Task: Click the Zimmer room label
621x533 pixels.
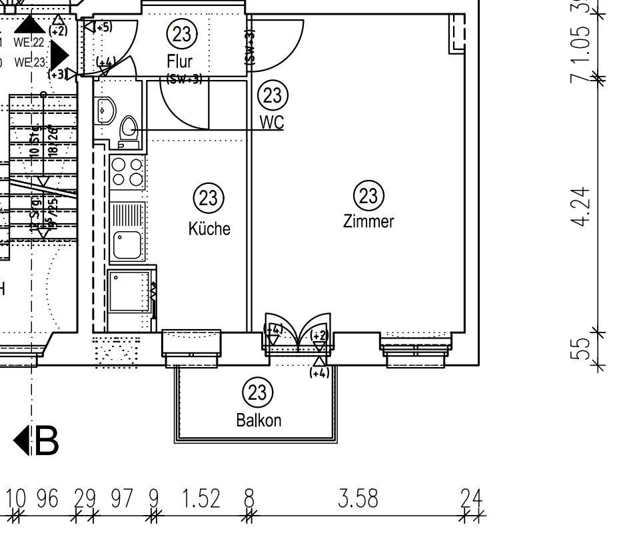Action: (368, 221)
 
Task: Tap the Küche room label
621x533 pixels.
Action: (209, 229)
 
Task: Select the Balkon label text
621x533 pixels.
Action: (259, 420)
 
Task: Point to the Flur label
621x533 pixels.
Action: (180, 62)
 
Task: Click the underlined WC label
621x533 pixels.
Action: (272, 123)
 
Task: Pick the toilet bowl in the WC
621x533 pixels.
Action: (129, 129)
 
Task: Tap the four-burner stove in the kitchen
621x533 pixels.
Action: (127, 171)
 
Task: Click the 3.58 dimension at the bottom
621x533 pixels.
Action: (358, 498)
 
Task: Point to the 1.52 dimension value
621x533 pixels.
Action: (200, 498)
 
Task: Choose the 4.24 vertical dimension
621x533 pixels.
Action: (582, 207)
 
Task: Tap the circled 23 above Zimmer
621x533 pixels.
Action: (368, 196)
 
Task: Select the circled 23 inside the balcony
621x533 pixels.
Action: (257, 392)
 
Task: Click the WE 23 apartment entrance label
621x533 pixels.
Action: (30, 63)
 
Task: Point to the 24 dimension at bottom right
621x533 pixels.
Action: (472, 498)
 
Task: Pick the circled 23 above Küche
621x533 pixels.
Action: (209, 198)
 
